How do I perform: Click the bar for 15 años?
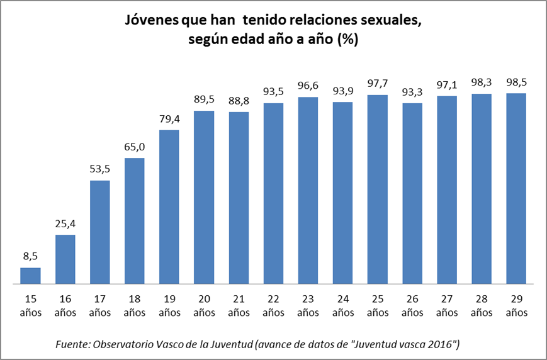[30, 276]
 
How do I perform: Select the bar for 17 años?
[100, 232]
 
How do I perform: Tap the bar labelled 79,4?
[169, 207]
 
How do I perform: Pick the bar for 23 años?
[308, 191]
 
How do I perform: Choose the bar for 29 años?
[516, 189]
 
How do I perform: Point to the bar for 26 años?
[412, 193]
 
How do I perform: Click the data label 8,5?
[30, 257]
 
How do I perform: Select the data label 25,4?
[65, 224]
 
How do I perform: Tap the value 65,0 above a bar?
[135, 147]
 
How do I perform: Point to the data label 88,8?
[239, 101]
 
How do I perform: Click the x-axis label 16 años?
[65, 305]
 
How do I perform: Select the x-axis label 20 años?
[204, 305]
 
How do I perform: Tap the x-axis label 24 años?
[343, 305]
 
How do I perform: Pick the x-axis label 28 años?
[482, 305]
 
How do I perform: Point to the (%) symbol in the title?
[347, 39]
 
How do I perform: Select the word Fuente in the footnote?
[72, 343]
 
